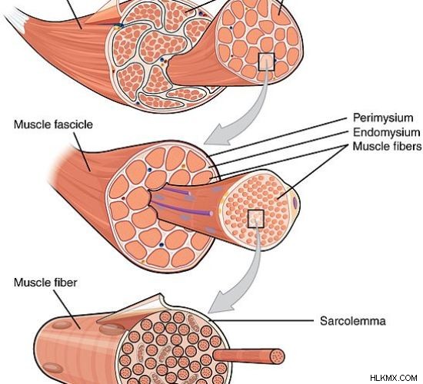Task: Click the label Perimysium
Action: tap(383, 118)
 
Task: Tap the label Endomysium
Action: tap(386, 132)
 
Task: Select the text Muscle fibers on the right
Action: tap(387, 147)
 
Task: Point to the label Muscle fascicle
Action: tap(53, 124)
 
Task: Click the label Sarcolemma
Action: tap(352, 321)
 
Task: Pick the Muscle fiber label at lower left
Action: tap(45, 283)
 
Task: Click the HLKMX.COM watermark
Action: tap(394, 378)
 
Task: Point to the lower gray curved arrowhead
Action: tap(220, 302)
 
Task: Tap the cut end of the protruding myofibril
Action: tap(278, 356)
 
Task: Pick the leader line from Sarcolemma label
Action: tap(261, 321)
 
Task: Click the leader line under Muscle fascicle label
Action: tap(82, 152)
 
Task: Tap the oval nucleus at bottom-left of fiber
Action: tap(53, 368)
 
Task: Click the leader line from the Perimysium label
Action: tap(276, 137)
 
